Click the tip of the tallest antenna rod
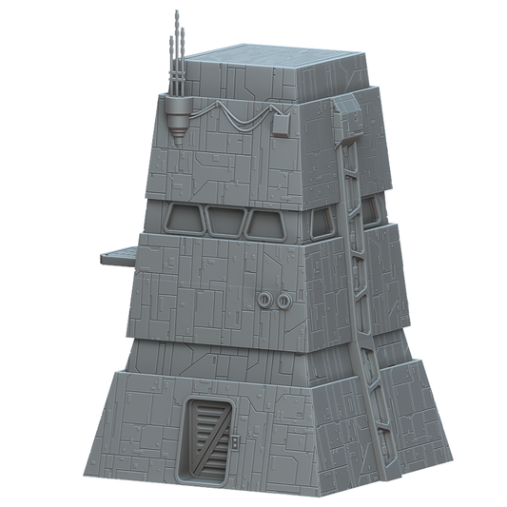pyautogui.click(x=176, y=12)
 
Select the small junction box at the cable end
pyautogui.click(x=281, y=127)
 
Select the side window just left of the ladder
pyautogui.click(x=324, y=223)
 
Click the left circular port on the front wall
pyautogui.click(x=265, y=301)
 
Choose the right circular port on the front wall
pyautogui.click(x=283, y=302)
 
